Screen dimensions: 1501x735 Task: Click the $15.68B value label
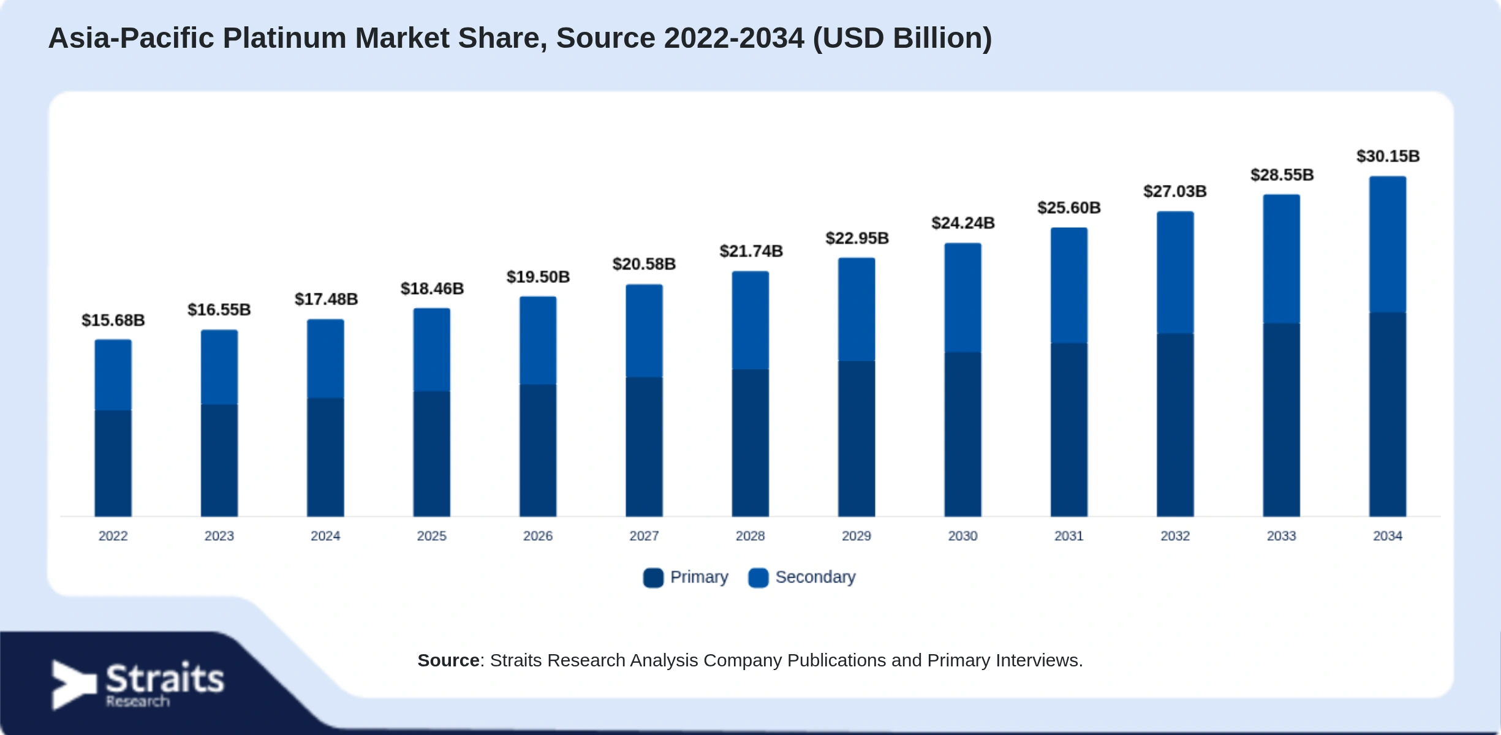tap(113, 320)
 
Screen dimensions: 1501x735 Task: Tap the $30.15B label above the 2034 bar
tap(1388, 156)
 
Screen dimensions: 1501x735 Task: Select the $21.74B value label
tap(751, 251)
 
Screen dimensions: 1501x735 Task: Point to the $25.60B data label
tap(1069, 208)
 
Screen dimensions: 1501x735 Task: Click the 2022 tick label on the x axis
tap(113, 536)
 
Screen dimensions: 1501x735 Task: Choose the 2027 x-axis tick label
tap(644, 536)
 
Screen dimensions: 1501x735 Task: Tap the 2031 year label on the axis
tap(1069, 536)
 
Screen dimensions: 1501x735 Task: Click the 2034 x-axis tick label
tap(1388, 536)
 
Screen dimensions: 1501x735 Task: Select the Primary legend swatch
tap(653, 578)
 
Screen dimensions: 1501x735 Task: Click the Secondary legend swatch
tap(758, 578)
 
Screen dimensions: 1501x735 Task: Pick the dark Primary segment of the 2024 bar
tap(325, 458)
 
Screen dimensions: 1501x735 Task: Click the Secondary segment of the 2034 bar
tap(1388, 244)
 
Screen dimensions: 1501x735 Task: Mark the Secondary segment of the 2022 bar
tap(113, 375)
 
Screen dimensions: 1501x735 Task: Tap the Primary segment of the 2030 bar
tap(962, 434)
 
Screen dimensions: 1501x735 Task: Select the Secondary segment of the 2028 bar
tap(750, 320)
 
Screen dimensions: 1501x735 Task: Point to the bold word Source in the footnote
tap(448, 660)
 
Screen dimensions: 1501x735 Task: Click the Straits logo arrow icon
tap(74, 685)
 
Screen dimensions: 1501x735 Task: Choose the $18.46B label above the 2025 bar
tap(432, 288)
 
